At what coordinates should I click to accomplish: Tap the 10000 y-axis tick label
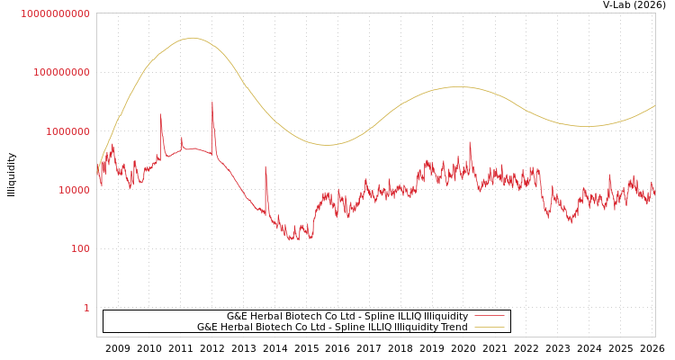(x=71, y=190)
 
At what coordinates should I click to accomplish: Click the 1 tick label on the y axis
(x=86, y=308)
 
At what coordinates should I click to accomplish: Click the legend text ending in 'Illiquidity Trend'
(x=332, y=328)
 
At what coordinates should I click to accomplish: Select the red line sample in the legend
(x=489, y=317)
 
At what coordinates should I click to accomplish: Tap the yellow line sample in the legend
(x=489, y=328)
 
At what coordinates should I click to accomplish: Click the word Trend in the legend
(x=454, y=328)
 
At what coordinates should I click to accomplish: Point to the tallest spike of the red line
(x=212, y=102)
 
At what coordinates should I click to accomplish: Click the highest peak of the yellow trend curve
(x=192, y=38)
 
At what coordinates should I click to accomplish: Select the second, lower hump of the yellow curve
(x=458, y=87)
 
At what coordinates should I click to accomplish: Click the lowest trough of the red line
(x=292, y=239)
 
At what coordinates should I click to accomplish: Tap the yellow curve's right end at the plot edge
(x=654, y=106)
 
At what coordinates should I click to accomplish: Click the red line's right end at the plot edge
(x=654, y=193)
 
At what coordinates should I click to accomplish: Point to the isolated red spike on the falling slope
(x=265, y=166)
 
